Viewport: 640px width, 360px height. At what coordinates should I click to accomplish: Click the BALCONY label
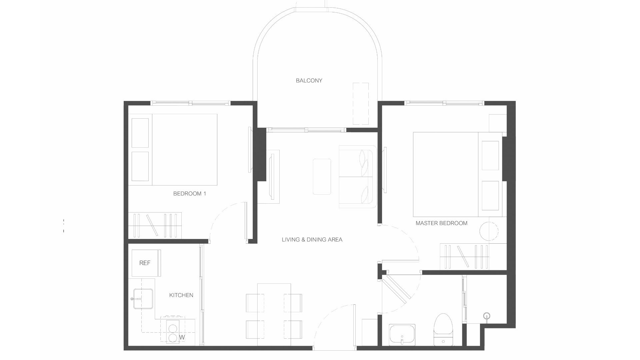click(x=309, y=80)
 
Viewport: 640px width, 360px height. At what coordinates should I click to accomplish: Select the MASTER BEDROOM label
click(x=441, y=223)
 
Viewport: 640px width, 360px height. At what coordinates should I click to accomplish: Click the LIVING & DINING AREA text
click(x=312, y=239)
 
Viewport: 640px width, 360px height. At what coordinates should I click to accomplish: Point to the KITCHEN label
click(x=181, y=295)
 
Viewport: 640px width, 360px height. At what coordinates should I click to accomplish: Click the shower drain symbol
click(x=487, y=316)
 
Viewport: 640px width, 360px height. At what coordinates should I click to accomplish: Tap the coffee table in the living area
click(x=322, y=176)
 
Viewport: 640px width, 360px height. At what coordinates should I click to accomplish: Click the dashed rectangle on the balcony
click(x=361, y=103)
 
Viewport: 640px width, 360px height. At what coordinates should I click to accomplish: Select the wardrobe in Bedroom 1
click(x=155, y=225)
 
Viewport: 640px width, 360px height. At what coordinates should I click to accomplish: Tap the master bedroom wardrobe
click(x=473, y=256)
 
